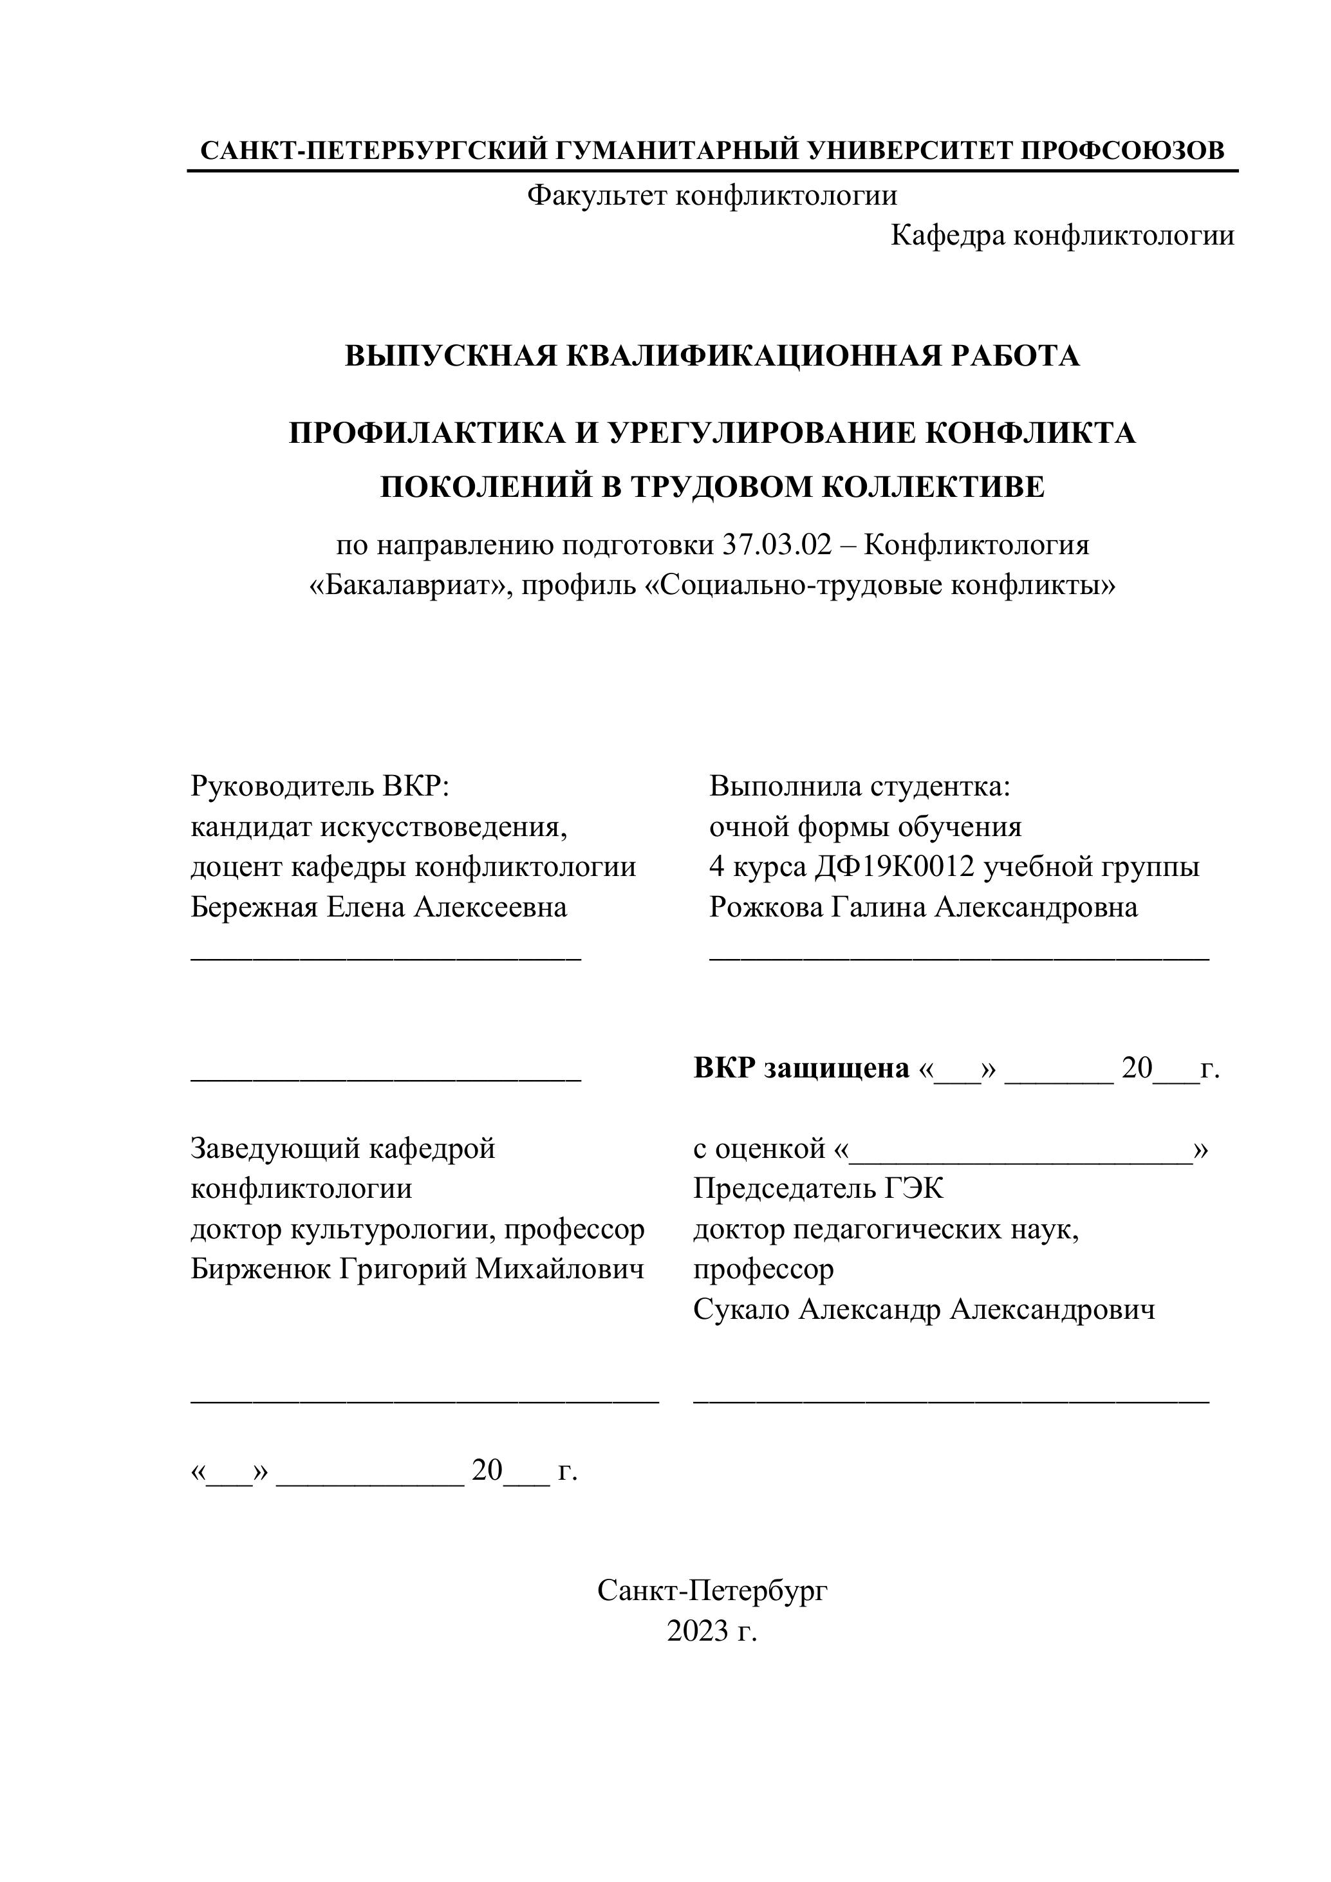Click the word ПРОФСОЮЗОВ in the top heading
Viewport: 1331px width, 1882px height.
1123,150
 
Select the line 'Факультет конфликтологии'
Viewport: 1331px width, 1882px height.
711,195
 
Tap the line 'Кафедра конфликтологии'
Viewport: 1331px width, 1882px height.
1062,236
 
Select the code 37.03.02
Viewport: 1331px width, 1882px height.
777,545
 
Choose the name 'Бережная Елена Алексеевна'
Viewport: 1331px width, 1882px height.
378,908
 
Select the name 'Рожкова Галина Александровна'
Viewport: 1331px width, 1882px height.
924,908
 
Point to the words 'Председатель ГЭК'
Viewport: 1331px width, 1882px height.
818,1189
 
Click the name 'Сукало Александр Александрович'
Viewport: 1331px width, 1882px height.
924,1310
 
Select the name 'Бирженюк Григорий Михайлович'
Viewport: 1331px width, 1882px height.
417,1269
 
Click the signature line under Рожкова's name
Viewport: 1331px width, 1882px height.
959,956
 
